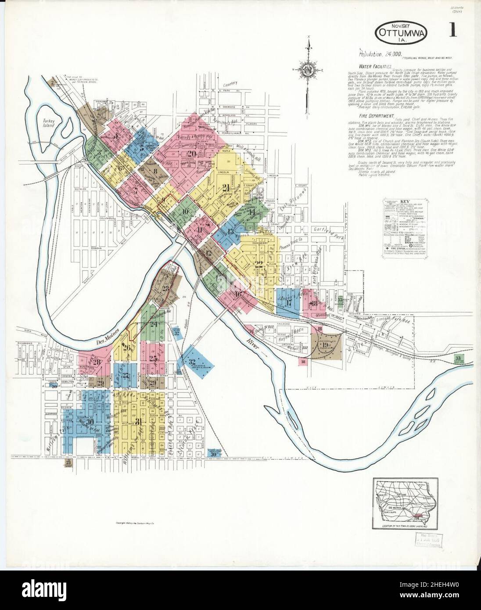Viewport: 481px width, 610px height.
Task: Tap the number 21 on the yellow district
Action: pyautogui.click(x=226, y=187)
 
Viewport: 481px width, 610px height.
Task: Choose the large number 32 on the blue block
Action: pyautogui.click(x=192, y=362)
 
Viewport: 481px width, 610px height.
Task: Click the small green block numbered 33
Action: pyautogui.click(x=459, y=359)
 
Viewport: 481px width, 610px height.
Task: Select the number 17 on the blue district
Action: pyautogui.click(x=288, y=303)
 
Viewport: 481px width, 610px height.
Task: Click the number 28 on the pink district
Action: pyautogui.click(x=96, y=362)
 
